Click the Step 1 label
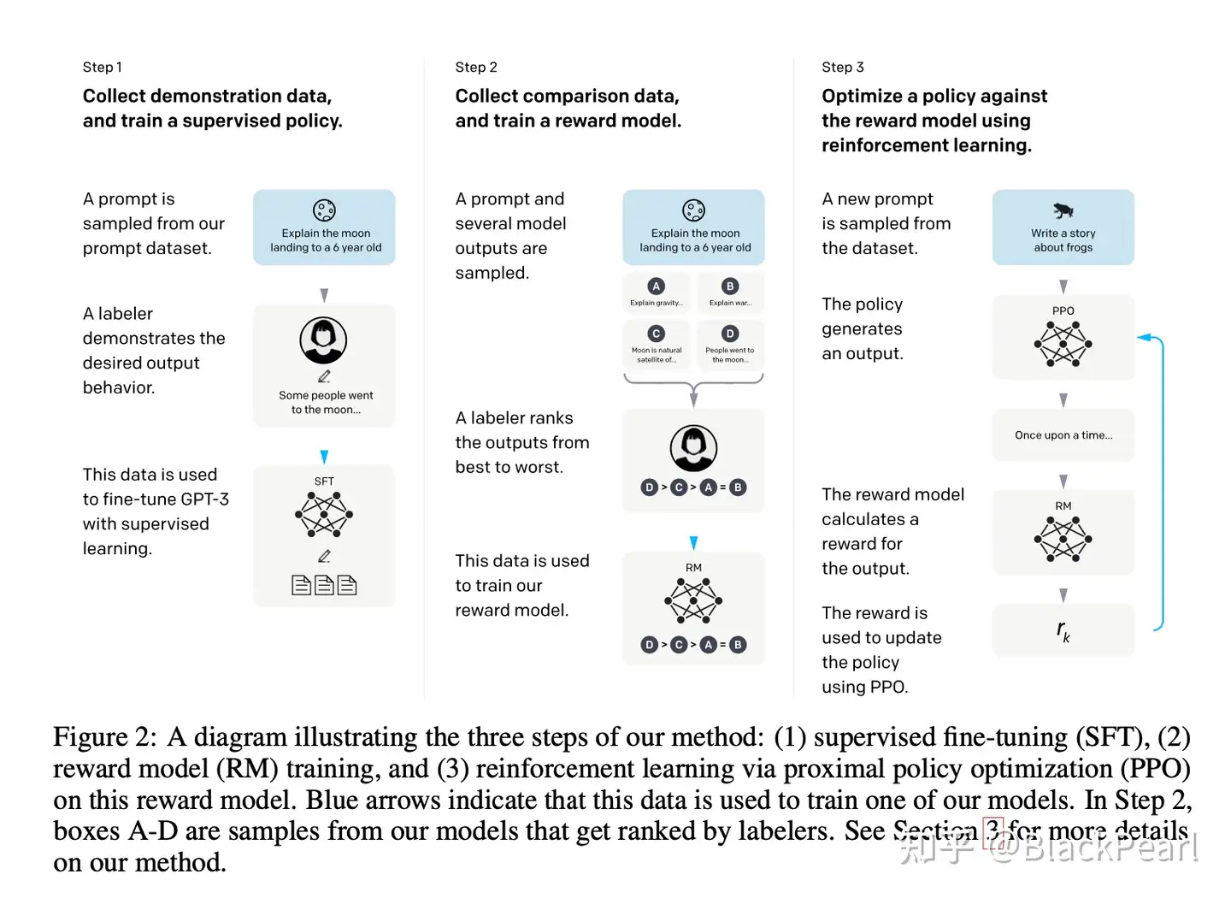(x=102, y=67)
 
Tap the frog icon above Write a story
(x=1063, y=210)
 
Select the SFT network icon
(x=324, y=515)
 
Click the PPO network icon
(x=1063, y=344)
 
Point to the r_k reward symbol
(x=1063, y=631)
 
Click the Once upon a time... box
(x=1063, y=435)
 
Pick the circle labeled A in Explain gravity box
(x=656, y=287)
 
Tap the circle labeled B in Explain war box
(x=729, y=287)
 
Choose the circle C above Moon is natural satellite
(x=656, y=334)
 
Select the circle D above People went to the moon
(x=729, y=334)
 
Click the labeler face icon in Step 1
(x=323, y=340)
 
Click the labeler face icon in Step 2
(x=693, y=447)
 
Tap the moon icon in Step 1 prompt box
(x=324, y=210)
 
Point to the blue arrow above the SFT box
(x=324, y=457)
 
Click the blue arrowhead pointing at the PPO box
(x=1143, y=338)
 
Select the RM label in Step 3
(x=1063, y=506)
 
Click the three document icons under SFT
(x=324, y=585)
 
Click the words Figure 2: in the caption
(x=104, y=737)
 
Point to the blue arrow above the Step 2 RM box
(x=693, y=543)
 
